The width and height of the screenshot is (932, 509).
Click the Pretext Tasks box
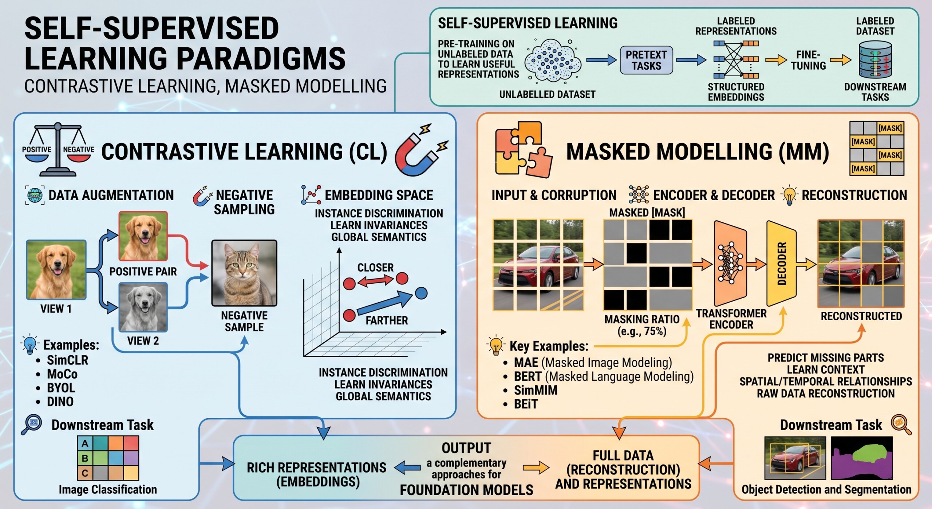[646, 60]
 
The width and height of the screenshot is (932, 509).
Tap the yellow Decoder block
[781, 264]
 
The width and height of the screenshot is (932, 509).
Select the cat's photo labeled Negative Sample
[244, 273]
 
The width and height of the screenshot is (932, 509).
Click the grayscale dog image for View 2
[143, 307]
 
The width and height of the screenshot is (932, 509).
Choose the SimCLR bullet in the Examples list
[67, 360]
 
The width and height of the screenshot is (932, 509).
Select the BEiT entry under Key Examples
[525, 404]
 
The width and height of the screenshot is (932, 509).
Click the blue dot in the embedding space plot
[421, 293]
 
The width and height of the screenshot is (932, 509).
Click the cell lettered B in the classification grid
[85, 458]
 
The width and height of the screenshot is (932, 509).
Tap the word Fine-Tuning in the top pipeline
[808, 60]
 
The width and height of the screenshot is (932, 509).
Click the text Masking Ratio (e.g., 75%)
[642, 325]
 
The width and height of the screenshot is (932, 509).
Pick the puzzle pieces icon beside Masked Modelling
[523, 150]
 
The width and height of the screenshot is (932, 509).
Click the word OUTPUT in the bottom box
[466, 448]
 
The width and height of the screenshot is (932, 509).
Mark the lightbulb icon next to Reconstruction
[789, 195]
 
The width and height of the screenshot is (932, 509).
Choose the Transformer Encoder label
[731, 319]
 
